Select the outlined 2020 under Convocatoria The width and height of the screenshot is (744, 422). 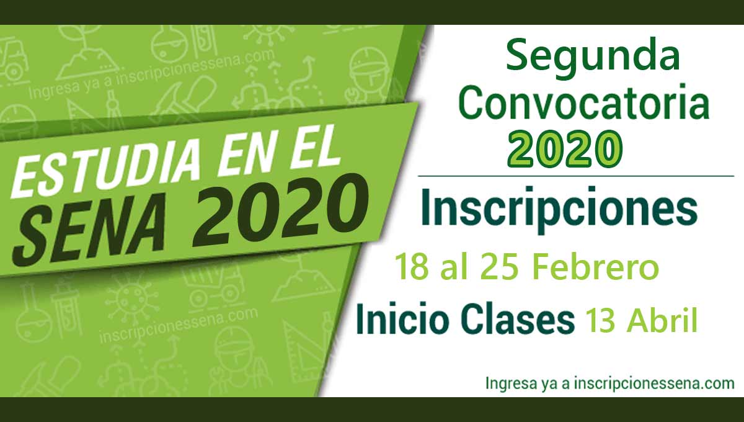coord(564,148)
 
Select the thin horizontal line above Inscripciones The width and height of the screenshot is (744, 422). coord(575,176)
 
